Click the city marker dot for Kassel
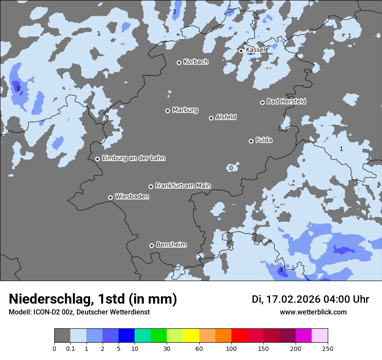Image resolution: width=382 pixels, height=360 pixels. pyautogui.click(x=241, y=51)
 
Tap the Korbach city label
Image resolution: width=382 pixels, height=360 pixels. pyautogui.click(x=196, y=62)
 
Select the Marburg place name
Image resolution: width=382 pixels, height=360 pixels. pyautogui.click(x=185, y=110)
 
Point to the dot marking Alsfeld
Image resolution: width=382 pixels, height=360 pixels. pyautogui.click(x=211, y=118)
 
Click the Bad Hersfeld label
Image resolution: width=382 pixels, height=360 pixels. pyautogui.click(x=286, y=101)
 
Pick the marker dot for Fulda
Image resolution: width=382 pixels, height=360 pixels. pyautogui.click(x=251, y=141)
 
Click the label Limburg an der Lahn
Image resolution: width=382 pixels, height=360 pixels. pyautogui.click(x=133, y=158)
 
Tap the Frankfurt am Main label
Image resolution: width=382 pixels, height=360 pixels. pyautogui.click(x=183, y=186)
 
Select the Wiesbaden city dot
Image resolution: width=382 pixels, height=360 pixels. pyautogui.click(x=110, y=197)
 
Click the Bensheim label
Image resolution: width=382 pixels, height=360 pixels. pyautogui.click(x=171, y=245)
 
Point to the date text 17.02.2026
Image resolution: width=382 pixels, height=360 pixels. pyautogui.click(x=292, y=299)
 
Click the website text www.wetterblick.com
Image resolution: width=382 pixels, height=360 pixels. pyautogui.click(x=313, y=312)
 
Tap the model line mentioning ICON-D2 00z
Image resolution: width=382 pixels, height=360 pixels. pyautogui.click(x=79, y=312)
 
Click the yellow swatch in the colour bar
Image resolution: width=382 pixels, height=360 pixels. pyautogui.click(x=191, y=336)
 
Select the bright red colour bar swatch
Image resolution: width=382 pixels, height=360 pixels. pyautogui.click(x=239, y=336)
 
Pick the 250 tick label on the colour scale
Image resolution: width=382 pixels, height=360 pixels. pyautogui.click(x=328, y=348)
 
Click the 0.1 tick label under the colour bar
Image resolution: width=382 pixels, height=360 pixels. pyautogui.click(x=70, y=348)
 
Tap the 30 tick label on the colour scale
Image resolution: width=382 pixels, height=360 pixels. pyautogui.click(x=167, y=348)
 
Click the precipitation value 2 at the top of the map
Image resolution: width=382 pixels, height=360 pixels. pyautogui.click(x=175, y=12)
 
